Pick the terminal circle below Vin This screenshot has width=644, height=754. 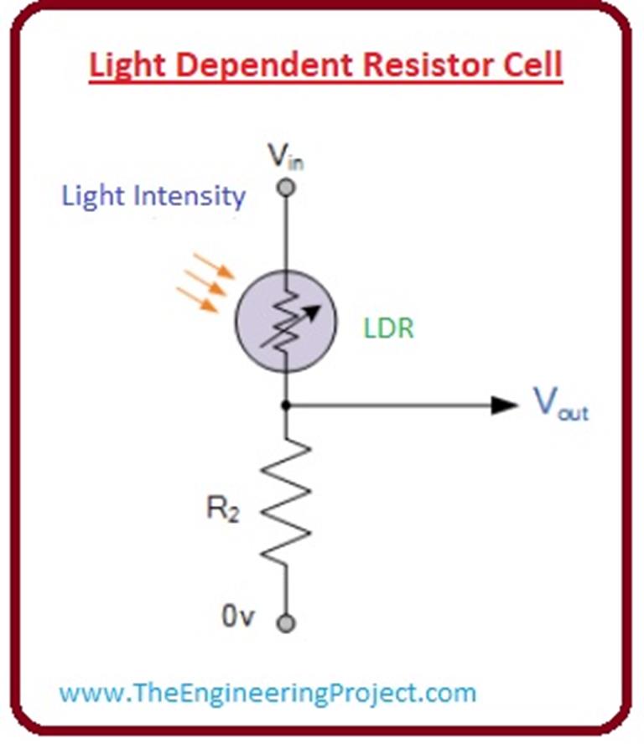(x=286, y=188)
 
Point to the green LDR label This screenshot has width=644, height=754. (x=388, y=328)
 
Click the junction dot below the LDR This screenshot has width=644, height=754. (x=286, y=405)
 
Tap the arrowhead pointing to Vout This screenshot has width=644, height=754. (x=505, y=405)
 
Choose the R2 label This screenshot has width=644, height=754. (x=222, y=510)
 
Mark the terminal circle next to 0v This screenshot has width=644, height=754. (x=286, y=623)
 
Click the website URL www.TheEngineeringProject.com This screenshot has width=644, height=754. (x=267, y=693)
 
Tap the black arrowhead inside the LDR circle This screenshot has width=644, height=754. (x=313, y=310)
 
